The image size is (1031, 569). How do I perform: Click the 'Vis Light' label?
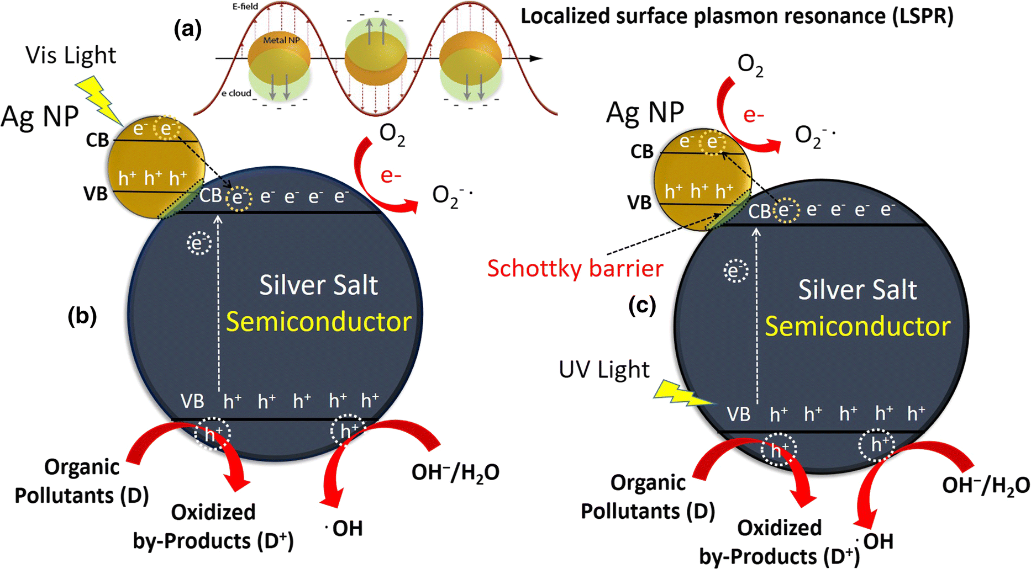pyautogui.click(x=71, y=56)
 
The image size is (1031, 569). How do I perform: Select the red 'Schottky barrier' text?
pyautogui.click(x=575, y=269)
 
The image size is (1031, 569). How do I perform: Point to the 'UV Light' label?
pyautogui.click(x=604, y=370)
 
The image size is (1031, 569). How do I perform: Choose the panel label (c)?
pyautogui.click(x=642, y=305)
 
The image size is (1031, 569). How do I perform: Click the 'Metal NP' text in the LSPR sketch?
pyautogui.click(x=281, y=40)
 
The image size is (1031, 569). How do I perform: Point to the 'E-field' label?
pyautogui.click(x=245, y=7)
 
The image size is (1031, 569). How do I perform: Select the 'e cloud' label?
pyautogui.click(x=236, y=93)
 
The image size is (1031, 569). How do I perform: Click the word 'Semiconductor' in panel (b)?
pyautogui.click(x=319, y=322)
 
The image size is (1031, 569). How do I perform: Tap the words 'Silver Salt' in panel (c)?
pyautogui.click(x=857, y=290)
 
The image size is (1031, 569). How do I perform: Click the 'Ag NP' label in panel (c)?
pyautogui.click(x=645, y=113)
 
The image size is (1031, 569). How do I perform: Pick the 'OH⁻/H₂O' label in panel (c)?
pyautogui.click(x=986, y=485)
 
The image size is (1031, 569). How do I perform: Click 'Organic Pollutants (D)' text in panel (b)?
pyautogui.click(x=82, y=481)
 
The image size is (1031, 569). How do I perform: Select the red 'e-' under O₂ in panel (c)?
pyautogui.click(x=754, y=115)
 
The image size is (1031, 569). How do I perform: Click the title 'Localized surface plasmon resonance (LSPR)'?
pyautogui.click(x=737, y=17)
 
